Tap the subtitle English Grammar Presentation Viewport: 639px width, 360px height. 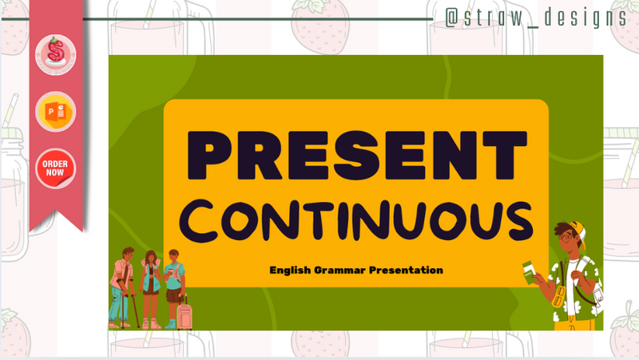point(355,271)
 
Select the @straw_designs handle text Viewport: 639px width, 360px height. point(534,18)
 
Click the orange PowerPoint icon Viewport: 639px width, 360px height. point(55,112)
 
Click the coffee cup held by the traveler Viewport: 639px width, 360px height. point(170,272)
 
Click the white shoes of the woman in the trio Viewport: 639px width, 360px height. point(149,323)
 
